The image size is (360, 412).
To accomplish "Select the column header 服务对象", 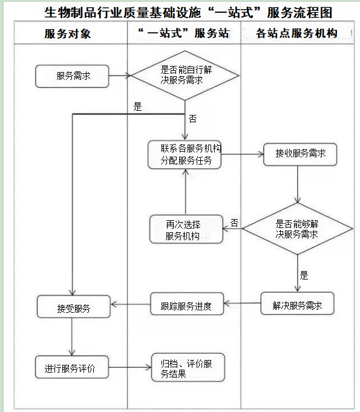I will [x=67, y=34].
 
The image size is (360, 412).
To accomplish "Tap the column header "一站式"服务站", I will [x=184, y=34].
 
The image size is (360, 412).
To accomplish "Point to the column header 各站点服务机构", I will [x=296, y=34].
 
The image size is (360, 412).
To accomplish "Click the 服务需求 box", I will [x=73, y=76].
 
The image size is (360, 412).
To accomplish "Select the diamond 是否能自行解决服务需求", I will [x=186, y=76].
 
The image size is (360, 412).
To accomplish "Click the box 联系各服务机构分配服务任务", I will [x=185, y=154].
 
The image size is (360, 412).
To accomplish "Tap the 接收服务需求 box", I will [x=300, y=154].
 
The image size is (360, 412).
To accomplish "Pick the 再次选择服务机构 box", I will [x=186, y=229].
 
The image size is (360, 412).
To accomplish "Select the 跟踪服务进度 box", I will [x=187, y=306].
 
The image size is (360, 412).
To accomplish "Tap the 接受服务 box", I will [x=73, y=307].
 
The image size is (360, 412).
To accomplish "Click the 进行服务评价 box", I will [x=73, y=368].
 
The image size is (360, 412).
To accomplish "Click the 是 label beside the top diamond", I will [x=137, y=107].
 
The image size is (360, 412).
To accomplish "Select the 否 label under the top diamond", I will [x=192, y=119].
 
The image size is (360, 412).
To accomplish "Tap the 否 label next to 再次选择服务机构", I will [x=234, y=223].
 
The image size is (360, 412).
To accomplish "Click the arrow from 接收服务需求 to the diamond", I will [x=298, y=185].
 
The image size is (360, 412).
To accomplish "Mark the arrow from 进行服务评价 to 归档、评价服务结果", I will [x=131, y=368].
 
